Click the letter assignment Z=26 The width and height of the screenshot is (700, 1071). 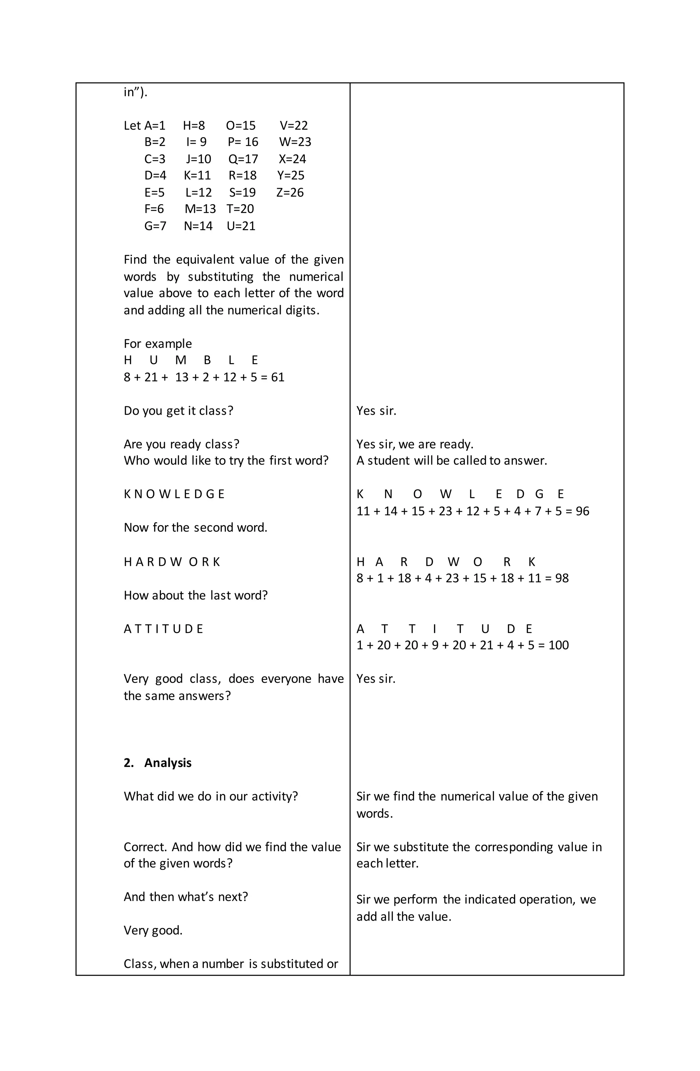tap(290, 193)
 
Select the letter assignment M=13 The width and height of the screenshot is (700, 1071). tap(200, 209)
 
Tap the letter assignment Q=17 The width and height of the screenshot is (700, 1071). tap(243, 159)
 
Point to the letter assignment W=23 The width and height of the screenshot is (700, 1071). tap(295, 142)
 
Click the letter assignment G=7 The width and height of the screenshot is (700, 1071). tap(155, 226)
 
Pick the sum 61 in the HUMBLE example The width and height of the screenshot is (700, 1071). tap(278, 377)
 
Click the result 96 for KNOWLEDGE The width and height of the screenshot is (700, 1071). tap(582, 511)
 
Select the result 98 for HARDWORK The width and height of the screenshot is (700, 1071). tap(562, 578)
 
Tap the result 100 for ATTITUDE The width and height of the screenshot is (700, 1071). tap(559, 645)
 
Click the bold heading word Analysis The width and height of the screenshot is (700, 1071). tap(168, 763)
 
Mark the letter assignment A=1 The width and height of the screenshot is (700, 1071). tap(155, 125)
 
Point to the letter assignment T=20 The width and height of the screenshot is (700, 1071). tap(240, 209)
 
